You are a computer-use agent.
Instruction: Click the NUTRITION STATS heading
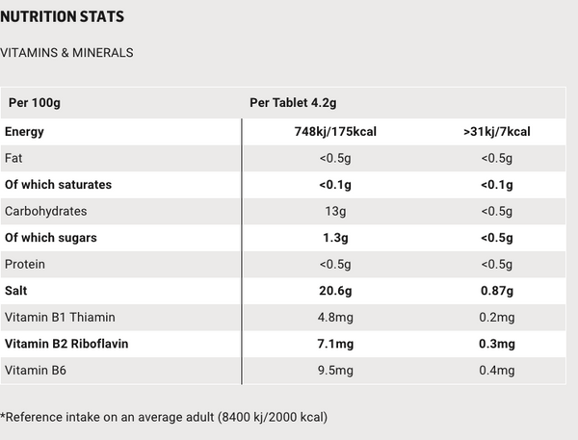[63, 17]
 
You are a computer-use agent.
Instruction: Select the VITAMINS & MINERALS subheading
[66, 52]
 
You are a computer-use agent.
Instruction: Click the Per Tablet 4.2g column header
[292, 102]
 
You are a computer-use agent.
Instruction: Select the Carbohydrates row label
[45, 211]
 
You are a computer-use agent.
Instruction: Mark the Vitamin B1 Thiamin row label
[60, 317]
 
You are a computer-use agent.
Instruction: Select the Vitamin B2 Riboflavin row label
[66, 343]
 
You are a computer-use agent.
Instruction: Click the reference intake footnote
[164, 417]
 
